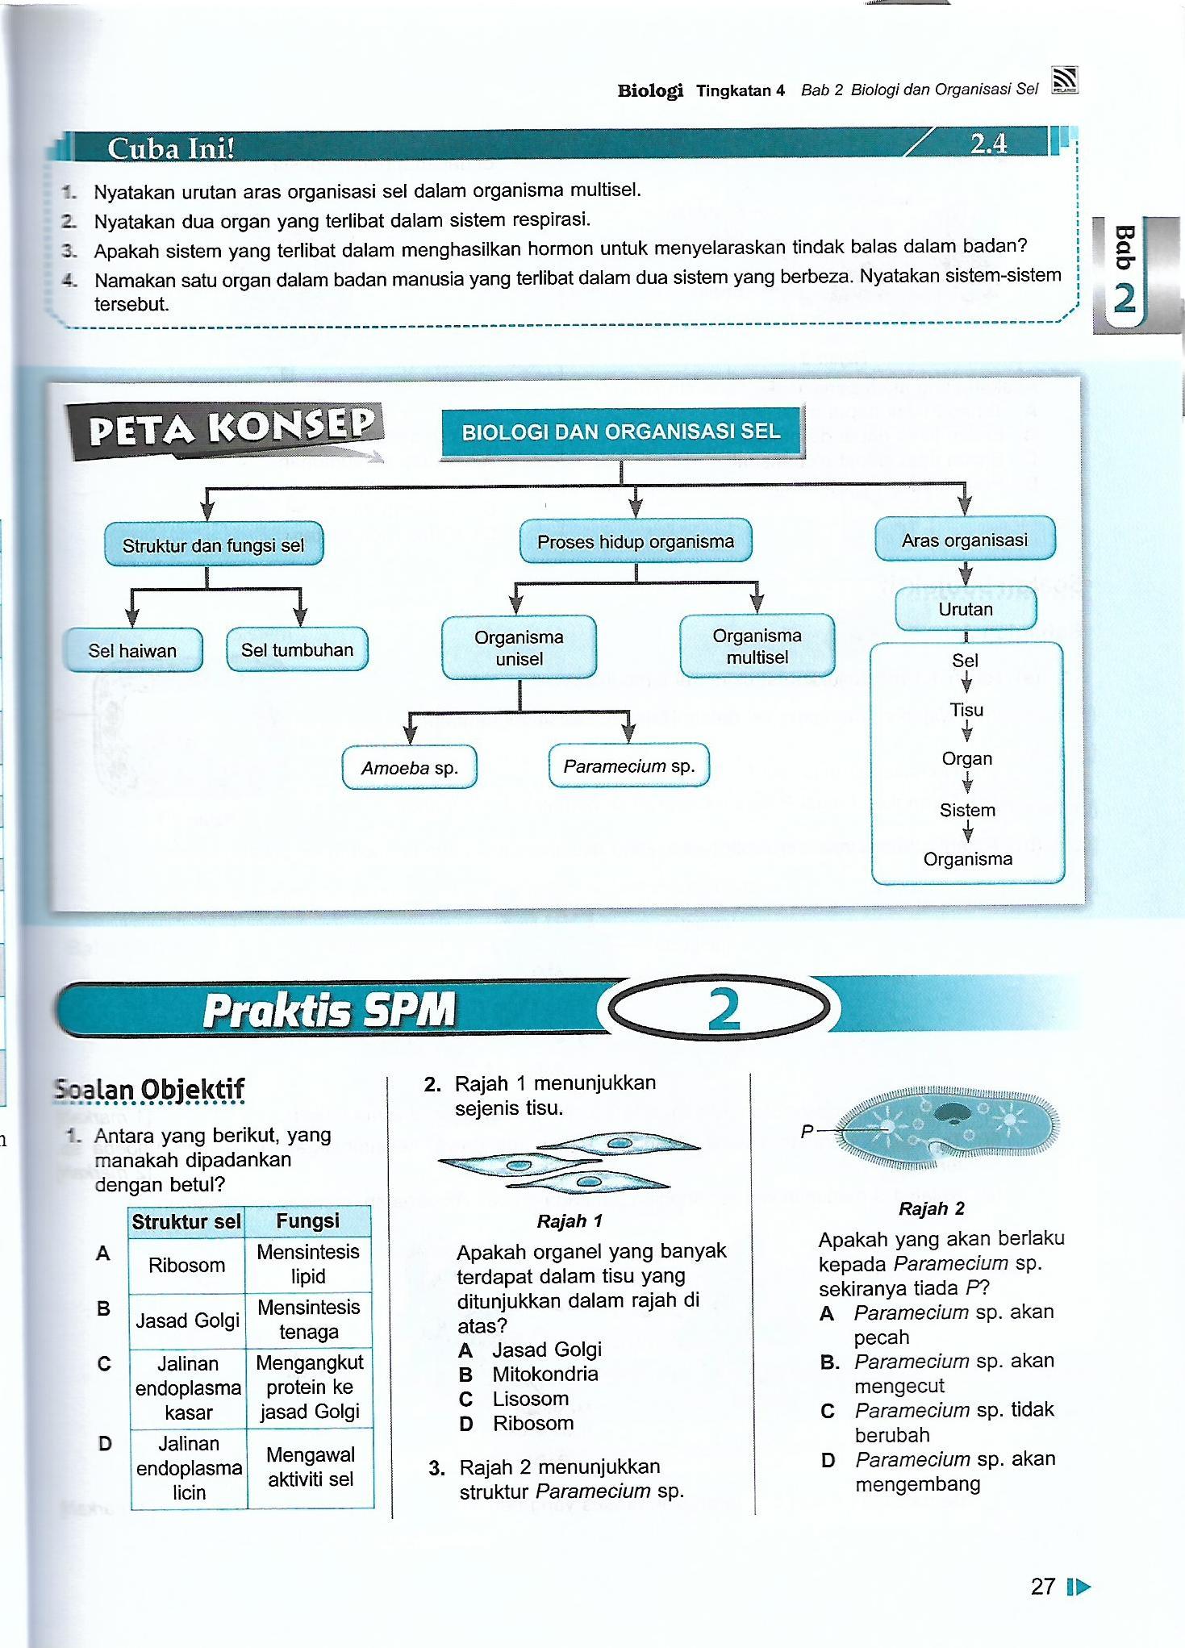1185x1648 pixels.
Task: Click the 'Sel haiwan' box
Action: pos(132,650)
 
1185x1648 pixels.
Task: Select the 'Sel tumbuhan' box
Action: pos(297,649)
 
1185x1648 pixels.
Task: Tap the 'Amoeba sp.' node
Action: pos(409,767)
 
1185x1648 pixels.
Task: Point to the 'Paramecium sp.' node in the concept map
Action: pos(628,766)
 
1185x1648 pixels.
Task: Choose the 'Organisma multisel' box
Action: pos(757,646)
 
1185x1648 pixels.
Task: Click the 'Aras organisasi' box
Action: pos(965,540)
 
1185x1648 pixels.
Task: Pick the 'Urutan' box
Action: pos(965,609)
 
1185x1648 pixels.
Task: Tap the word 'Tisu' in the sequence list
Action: pos(966,710)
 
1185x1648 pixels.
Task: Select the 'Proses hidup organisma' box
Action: pos(636,541)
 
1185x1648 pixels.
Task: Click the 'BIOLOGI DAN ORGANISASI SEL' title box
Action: pos(621,432)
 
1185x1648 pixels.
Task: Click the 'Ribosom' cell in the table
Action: pos(186,1265)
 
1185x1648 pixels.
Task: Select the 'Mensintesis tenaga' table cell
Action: pos(308,1319)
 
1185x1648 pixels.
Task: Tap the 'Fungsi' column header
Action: pos(307,1220)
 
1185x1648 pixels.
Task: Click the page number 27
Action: pos(1043,1587)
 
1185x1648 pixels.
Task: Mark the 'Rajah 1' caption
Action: pos(570,1221)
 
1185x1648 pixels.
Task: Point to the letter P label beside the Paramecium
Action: pos(807,1132)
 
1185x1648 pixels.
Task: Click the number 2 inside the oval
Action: pos(724,1009)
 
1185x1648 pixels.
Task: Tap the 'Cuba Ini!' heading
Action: pos(171,148)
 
